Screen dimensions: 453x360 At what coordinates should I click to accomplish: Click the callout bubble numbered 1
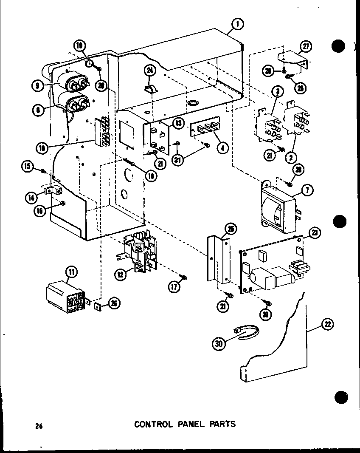238,25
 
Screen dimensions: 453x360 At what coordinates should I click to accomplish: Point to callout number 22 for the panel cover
327,325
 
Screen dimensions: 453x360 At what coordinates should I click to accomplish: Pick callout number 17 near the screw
174,287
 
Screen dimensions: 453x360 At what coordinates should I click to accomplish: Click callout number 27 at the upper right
306,45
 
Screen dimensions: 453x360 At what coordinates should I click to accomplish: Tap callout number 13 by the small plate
178,123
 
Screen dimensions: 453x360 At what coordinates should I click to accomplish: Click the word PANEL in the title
186,424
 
